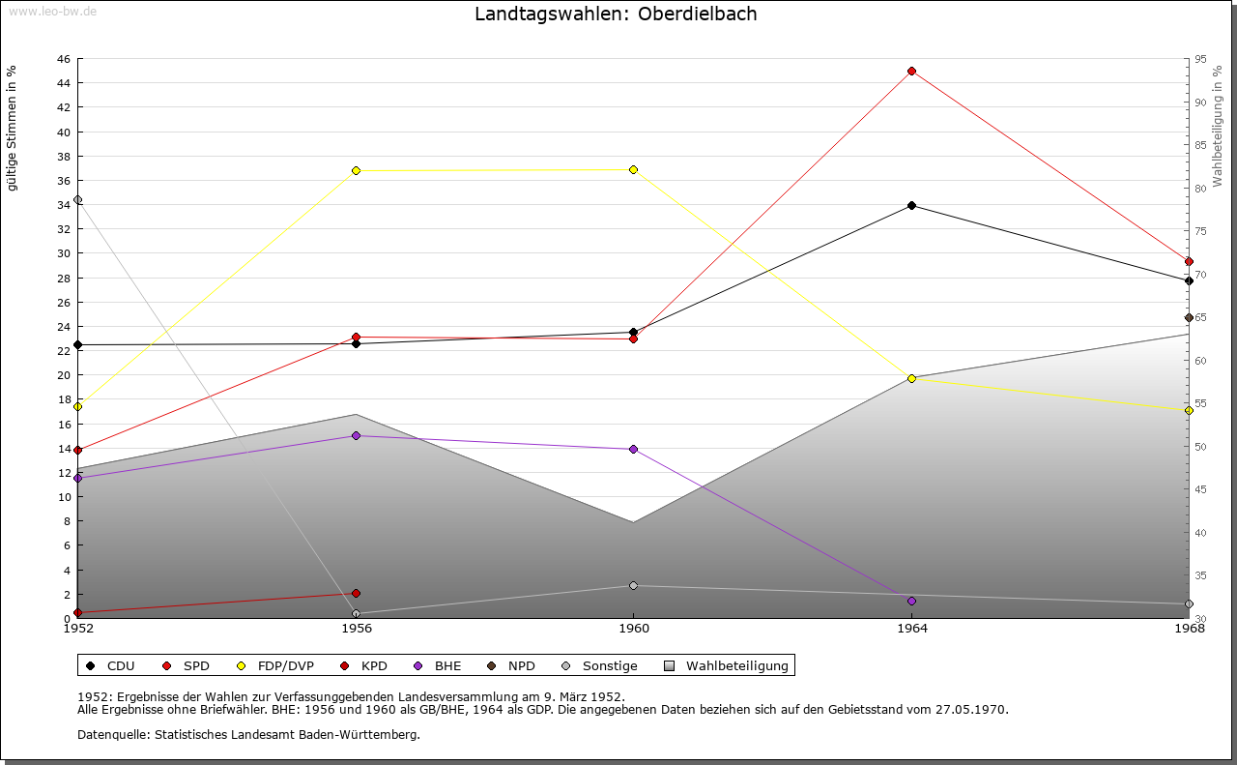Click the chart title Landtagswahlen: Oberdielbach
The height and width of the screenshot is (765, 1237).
pyautogui.click(x=616, y=15)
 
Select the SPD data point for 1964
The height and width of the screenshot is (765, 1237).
pyautogui.click(x=911, y=71)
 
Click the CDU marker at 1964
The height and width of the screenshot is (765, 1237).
pyautogui.click(x=911, y=205)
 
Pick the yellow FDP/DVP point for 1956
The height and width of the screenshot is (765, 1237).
pyautogui.click(x=356, y=170)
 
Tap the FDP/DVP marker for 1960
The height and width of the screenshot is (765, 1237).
pyautogui.click(x=633, y=169)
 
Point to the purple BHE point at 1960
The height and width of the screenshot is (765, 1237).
pyautogui.click(x=633, y=449)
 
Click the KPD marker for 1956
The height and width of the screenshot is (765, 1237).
pyautogui.click(x=356, y=593)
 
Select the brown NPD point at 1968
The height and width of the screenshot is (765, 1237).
pyautogui.click(x=1189, y=317)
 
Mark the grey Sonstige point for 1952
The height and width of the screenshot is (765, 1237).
pyautogui.click(x=77, y=200)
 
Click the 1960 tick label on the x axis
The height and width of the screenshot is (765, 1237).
pyautogui.click(x=633, y=630)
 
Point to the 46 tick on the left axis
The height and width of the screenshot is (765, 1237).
pyautogui.click(x=63, y=59)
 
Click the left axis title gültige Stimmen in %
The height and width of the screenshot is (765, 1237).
pyautogui.click(x=13, y=128)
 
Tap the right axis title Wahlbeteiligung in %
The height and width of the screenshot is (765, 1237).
pyautogui.click(x=1218, y=126)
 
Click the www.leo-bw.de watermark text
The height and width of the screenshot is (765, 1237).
pyautogui.click(x=51, y=12)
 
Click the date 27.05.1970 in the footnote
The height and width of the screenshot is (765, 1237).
pyautogui.click(x=970, y=709)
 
